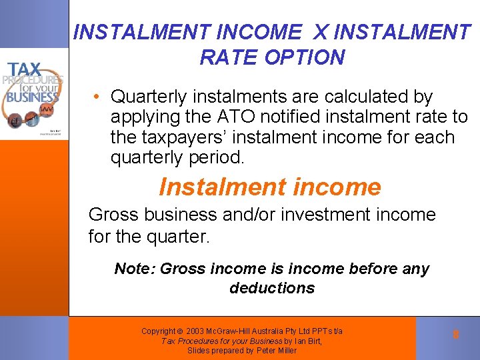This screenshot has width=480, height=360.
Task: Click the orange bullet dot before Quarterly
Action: point(97,97)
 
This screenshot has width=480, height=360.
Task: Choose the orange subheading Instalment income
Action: point(270,187)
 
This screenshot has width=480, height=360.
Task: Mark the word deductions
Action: point(272,288)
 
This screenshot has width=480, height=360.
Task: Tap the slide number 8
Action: point(455,335)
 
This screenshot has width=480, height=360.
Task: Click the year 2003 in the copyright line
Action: point(198,331)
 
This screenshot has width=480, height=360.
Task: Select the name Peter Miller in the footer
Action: point(277,351)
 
